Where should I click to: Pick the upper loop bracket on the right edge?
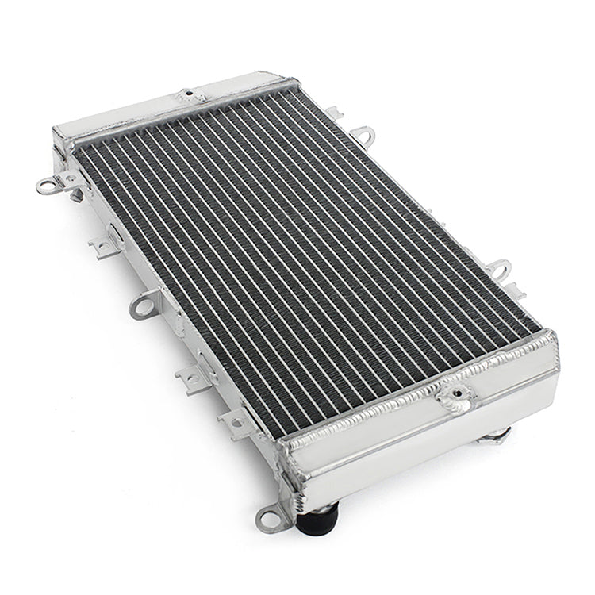coord(365,134)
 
